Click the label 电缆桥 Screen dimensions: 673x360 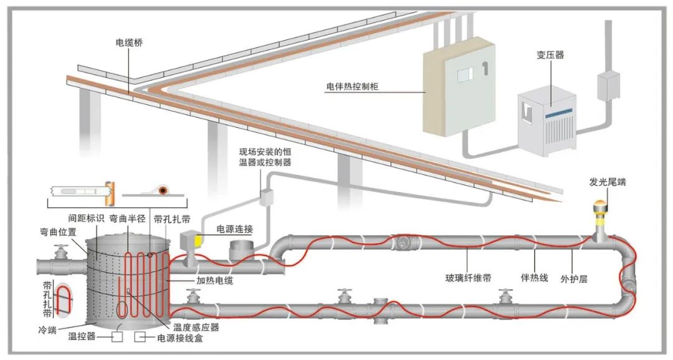pyautogui.click(x=129, y=43)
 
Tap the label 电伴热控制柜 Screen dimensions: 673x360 pyautogui.click(x=352, y=86)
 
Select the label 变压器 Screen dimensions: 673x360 pyautogui.click(x=550, y=55)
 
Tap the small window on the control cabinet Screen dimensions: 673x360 pyautogui.click(x=465, y=75)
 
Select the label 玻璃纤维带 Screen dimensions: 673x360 pyautogui.click(x=468, y=278)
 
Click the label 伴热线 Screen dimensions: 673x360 pyautogui.click(x=534, y=278)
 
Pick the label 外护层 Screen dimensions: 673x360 pyautogui.click(x=574, y=279)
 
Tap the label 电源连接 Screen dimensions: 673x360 pyautogui.click(x=234, y=229)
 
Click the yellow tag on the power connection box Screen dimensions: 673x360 pyautogui.click(x=198, y=240)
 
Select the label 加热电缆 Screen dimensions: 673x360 pyautogui.click(x=214, y=281)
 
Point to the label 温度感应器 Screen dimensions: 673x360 pyautogui.click(x=196, y=328)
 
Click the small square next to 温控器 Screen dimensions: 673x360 pyautogui.click(x=117, y=337)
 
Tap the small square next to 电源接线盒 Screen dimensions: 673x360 pyautogui.click(x=139, y=337)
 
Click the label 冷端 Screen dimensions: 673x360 pyautogui.click(x=47, y=330)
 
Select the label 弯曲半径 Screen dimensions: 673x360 pyautogui.click(x=128, y=219)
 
